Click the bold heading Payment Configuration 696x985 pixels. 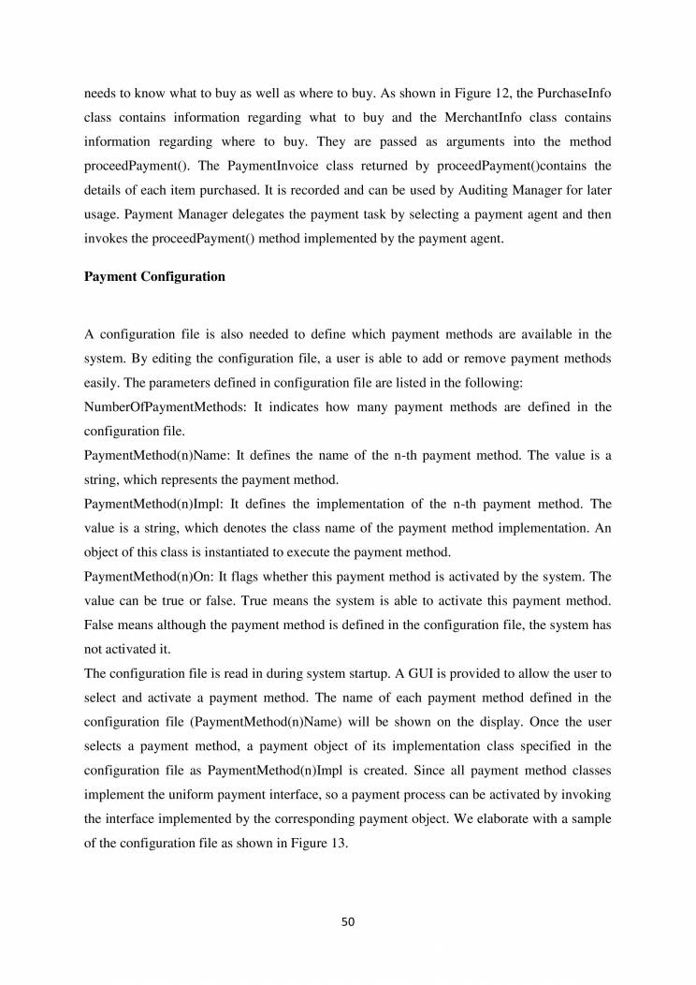(154, 277)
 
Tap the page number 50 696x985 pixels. (348, 921)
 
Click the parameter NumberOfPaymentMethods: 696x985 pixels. (163, 406)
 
